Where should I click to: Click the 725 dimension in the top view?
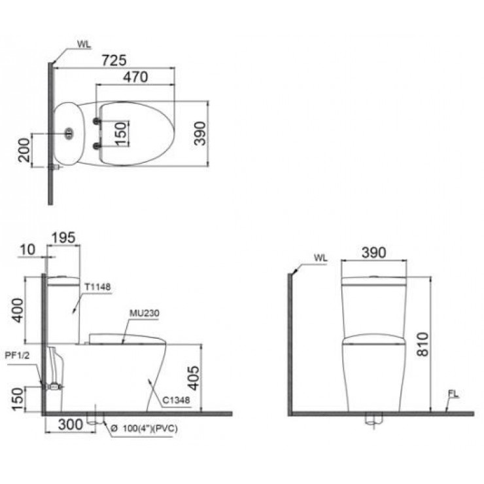point(114,60)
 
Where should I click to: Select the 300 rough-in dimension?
point(70,424)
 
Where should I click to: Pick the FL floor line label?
point(453,394)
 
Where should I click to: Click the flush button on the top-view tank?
point(68,135)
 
